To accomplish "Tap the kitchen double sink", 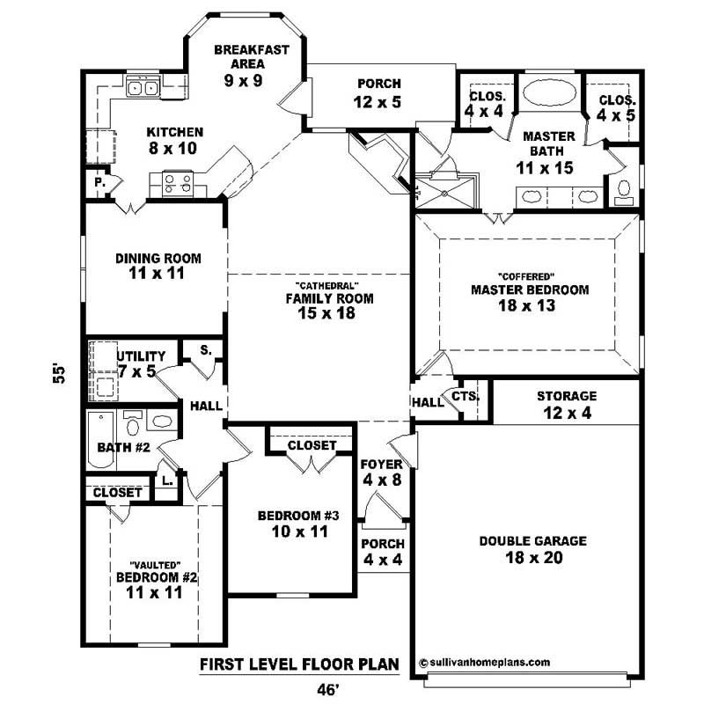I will point(142,87).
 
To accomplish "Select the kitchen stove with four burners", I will point(176,182).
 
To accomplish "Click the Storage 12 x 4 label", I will point(567,404).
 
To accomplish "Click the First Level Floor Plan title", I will point(300,664).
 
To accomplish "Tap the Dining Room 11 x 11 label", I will point(158,266).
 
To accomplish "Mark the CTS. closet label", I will point(465,397).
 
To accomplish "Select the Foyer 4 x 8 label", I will point(382,473).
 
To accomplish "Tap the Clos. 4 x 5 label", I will point(616,106).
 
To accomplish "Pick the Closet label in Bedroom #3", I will point(312,445).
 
